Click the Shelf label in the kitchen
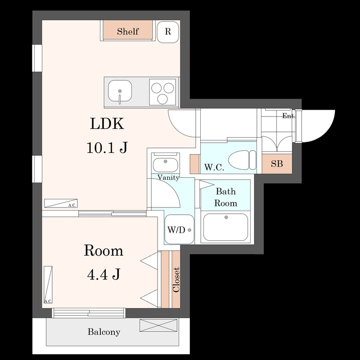[128, 31]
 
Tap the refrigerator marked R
[168, 31]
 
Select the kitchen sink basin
[120, 91]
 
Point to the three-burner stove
[162, 92]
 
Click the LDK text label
[107, 124]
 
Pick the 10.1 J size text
[107, 147]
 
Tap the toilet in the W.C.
[242, 160]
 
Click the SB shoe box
[277, 164]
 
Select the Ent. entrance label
[288, 116]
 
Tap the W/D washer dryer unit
[179, 229]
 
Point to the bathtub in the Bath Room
[226, 227]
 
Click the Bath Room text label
[226, 197]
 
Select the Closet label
[176, 279]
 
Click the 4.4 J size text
[103, 274]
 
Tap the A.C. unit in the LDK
[61, 203]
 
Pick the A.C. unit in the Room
[48, 285]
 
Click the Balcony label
[104, 332]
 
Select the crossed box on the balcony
[158, 325]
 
